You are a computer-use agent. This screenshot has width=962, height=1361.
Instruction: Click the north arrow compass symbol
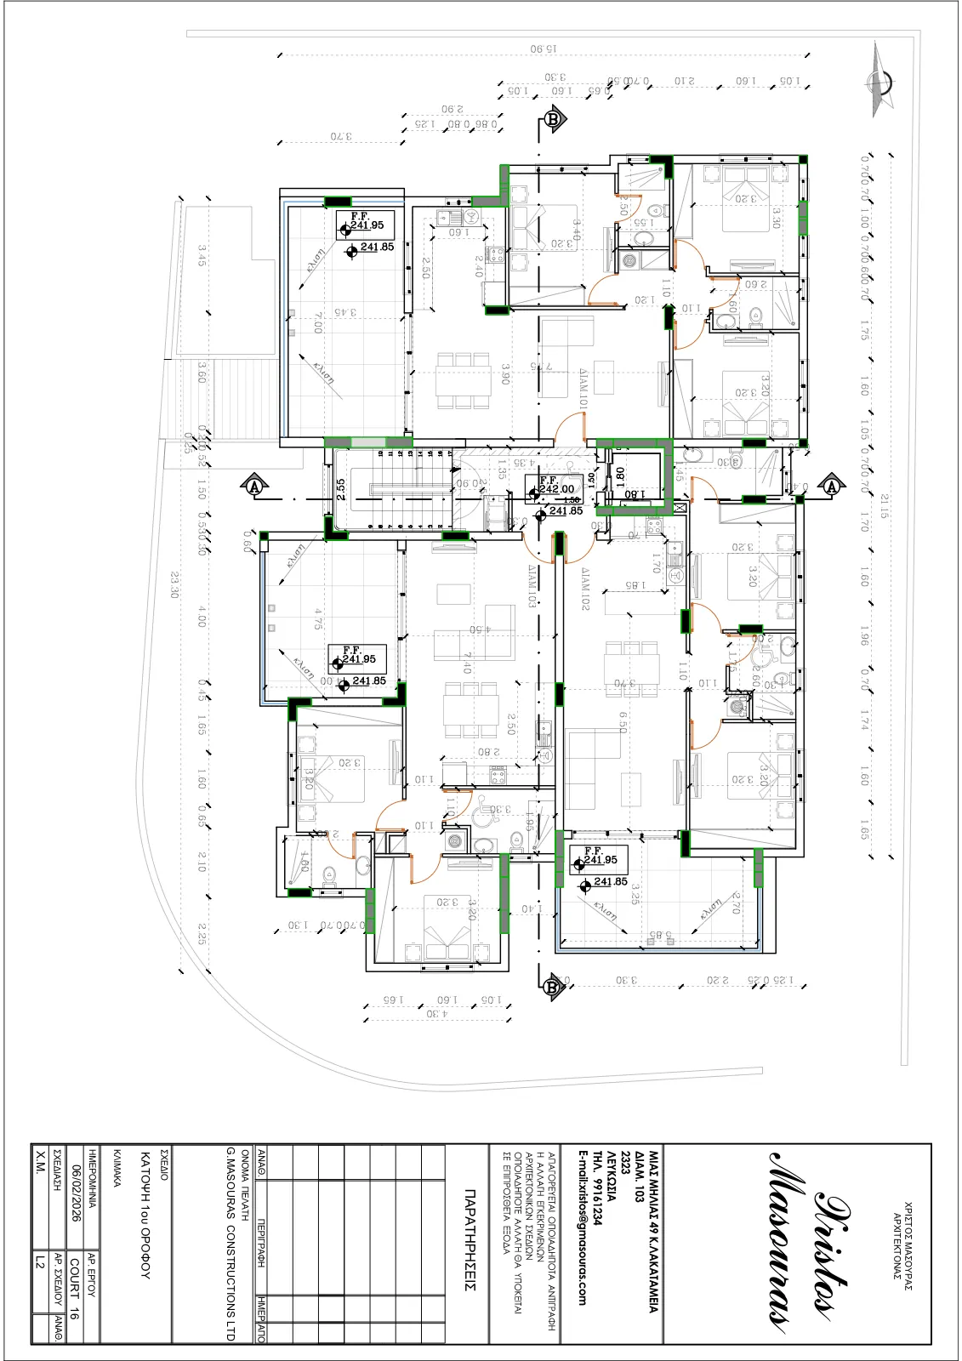coord(879,81)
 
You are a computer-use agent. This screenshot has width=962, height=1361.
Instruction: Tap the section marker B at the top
coord(554,119)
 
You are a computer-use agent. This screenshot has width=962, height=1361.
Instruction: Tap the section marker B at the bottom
coord(552,987)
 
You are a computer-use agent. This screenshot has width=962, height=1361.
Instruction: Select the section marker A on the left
coord(253,487)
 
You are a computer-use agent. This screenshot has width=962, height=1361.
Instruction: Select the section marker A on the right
coord(832,487)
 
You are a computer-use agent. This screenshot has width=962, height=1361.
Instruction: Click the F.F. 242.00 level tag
coord(555,486)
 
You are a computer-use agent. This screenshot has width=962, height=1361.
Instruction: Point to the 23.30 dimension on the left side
coord(174,584)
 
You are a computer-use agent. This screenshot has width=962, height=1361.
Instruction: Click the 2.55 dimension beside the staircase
coord(340,489)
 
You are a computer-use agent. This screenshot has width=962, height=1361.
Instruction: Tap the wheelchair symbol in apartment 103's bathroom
coord(481,806)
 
